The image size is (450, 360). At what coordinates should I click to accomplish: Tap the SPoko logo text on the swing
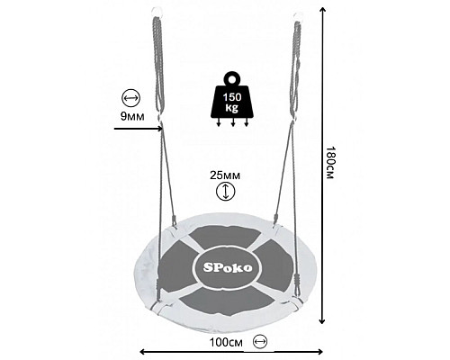[x=228, y=267]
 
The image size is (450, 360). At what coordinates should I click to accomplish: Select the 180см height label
[x=329, y=163]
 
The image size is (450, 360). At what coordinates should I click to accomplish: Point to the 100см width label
[x=226, y=342]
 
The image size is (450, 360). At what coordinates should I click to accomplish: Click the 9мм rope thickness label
[x=132, y=116]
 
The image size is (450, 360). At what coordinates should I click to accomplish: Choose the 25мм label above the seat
[x=225, y=175]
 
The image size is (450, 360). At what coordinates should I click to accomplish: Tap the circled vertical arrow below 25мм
[x=226, y=192]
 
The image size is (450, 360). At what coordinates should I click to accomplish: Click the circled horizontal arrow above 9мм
[x=130, y=98]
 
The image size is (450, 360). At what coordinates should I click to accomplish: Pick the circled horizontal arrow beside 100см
[x=260, y=341]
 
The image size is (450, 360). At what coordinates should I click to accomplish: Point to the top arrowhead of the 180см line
[x=322, y=10]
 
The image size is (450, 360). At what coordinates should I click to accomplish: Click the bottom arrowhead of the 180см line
[x=322, y=321]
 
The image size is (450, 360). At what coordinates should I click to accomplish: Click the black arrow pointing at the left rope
[x=139, y=129]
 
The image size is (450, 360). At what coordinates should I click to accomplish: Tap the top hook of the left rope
[x=157, y=11]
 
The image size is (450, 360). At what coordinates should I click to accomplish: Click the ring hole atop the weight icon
[x=232, y=79]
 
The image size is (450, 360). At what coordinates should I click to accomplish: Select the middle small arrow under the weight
[x=232, y=122]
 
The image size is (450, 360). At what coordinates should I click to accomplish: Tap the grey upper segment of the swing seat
[x=226, y=237]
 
